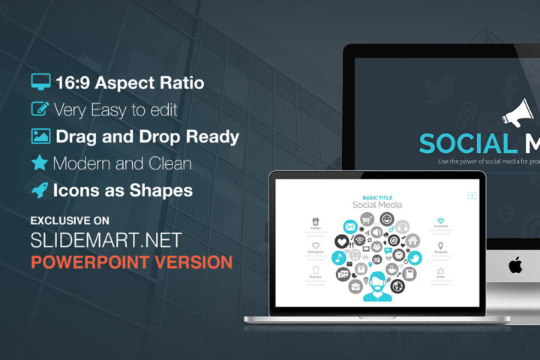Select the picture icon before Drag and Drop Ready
pos(40,136)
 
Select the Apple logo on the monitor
pos(515,265)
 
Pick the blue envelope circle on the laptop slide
pos(350,226)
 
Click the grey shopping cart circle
pos(367,219)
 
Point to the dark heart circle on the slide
pos(341,241)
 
